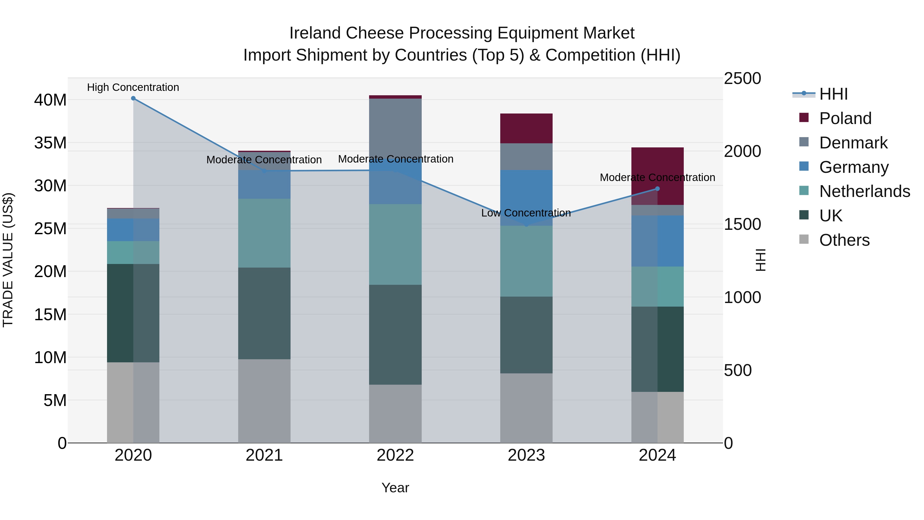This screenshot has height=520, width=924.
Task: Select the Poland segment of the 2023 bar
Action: point(526,128)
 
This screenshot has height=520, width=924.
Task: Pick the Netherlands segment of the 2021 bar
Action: point(264,233)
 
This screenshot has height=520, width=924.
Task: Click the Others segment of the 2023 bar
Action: point(526,408)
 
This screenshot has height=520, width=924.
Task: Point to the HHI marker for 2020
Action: point(133,98)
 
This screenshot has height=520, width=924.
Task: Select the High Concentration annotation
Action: point(133,88)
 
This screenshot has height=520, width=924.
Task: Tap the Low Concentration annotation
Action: point(526,213)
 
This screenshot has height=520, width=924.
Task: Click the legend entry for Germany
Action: point(854,167)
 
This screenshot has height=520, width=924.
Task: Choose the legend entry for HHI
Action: point(833,94)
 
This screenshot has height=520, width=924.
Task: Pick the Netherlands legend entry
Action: point(864,191)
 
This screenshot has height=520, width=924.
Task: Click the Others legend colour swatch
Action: point(804,239)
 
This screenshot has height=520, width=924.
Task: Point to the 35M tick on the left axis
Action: point(50,143)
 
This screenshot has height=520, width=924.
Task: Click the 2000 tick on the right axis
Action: point(742,151)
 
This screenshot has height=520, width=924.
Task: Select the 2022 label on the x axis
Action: point(395,455)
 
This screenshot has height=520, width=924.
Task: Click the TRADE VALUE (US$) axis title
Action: point(8,260)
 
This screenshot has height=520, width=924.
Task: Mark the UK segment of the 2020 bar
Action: point(133,313)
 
